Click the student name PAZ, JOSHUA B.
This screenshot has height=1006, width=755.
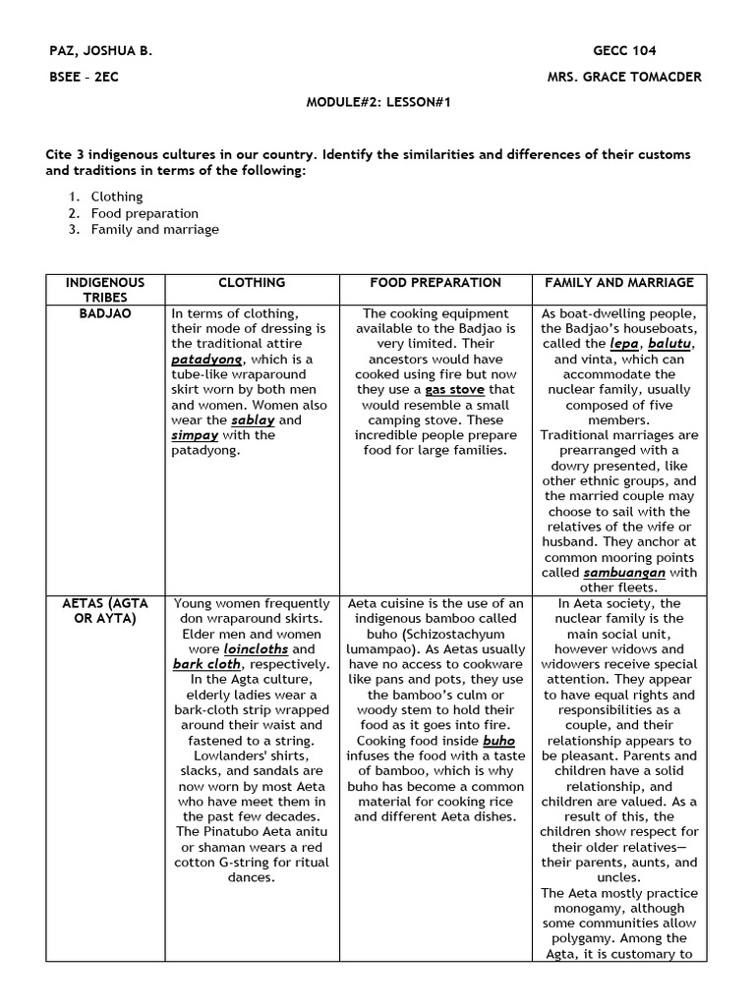point(99,51)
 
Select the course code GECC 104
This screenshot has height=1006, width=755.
point(624,51)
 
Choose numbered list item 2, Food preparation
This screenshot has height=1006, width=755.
point(145,213)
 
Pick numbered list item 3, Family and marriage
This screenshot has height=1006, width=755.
point(154,229)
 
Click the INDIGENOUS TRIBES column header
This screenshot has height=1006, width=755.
point(105,290)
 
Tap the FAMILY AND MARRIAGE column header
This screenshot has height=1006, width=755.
point(619,283)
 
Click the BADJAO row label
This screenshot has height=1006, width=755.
point(105,313)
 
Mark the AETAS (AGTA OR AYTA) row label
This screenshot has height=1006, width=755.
point(105,611)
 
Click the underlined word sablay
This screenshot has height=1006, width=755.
point(253,419)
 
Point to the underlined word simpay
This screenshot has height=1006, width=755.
point(196,435)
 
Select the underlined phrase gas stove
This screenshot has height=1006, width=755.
point(454,390)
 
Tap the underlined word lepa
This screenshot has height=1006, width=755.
point(623,344)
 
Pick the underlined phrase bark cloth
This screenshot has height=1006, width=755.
point(206,664)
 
